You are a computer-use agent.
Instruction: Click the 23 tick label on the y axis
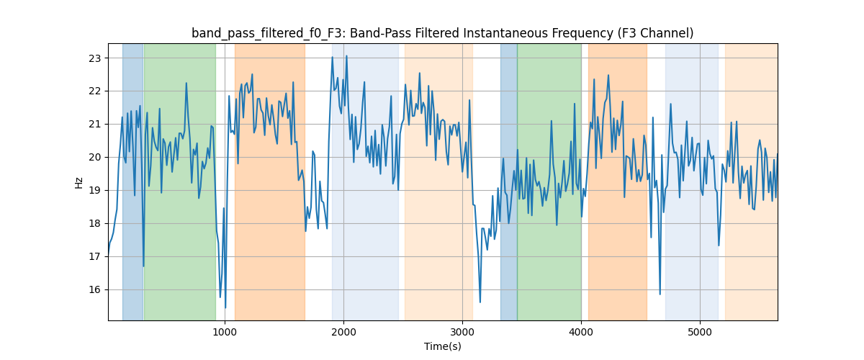coord(95,58)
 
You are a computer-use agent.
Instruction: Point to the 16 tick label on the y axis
coord(95,289)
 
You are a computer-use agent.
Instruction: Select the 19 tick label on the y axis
coord(95,190)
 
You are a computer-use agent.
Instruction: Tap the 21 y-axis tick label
coord(95,124)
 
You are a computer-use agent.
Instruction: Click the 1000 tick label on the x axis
coord(225,332)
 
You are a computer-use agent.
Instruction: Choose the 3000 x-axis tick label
coord(462,332)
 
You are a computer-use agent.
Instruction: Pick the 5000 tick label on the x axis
coord(700,332)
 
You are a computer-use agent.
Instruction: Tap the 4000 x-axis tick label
coord(581,332)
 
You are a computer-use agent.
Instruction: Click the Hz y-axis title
coord(79,182)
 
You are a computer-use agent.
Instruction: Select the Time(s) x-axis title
coord(443,346)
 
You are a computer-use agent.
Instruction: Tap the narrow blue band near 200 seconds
coord(132,180)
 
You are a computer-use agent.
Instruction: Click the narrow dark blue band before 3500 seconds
coord(508,180)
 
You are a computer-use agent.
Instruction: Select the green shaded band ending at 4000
coord(549,180)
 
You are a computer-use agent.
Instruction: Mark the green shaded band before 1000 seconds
coord(179,180)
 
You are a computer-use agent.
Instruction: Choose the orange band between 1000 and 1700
coord(269,180)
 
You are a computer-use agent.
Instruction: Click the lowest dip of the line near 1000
coord(225,307)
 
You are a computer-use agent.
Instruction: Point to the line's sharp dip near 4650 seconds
coord(660,294)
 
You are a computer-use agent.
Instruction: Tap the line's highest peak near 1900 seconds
coord(332,57)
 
